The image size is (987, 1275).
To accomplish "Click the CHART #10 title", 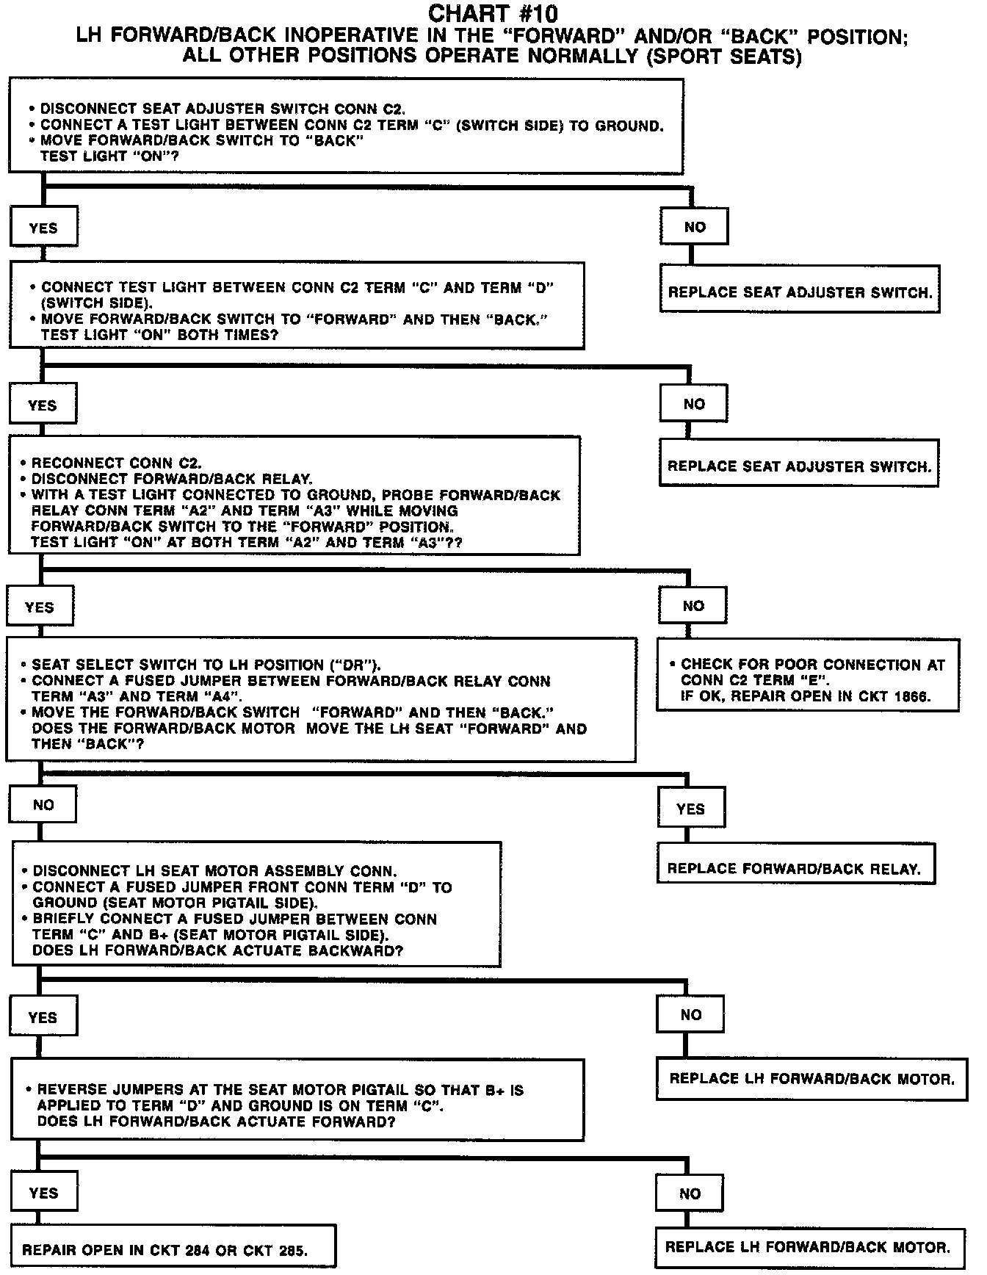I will click(x=493, y=13).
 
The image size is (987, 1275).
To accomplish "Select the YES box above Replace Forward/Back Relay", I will click(x=690, y=809).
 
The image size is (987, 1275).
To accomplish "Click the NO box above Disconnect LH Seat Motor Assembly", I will click(x=43, y=805).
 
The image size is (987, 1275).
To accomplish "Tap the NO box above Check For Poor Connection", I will click(x=693, y=606).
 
